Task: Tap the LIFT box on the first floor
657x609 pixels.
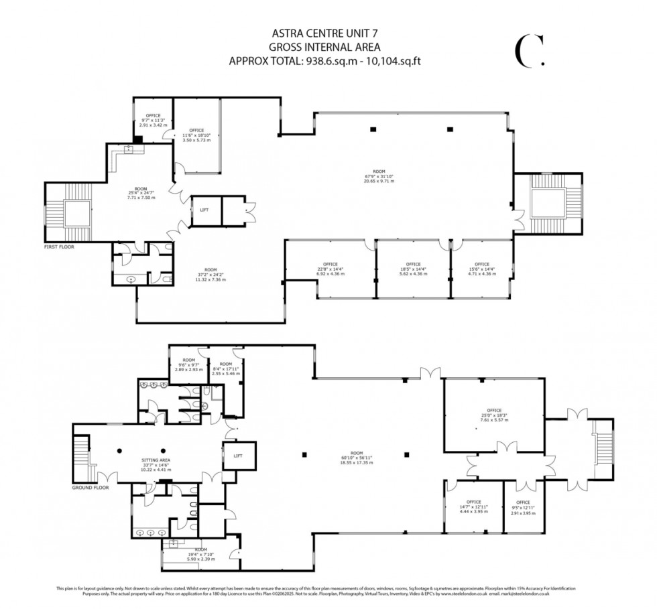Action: coord(204,210)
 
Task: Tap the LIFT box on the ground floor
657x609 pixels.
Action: coord(238,456)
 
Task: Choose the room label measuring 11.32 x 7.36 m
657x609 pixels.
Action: coord(211,275)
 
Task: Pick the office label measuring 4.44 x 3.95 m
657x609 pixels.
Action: coord(475,506)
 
